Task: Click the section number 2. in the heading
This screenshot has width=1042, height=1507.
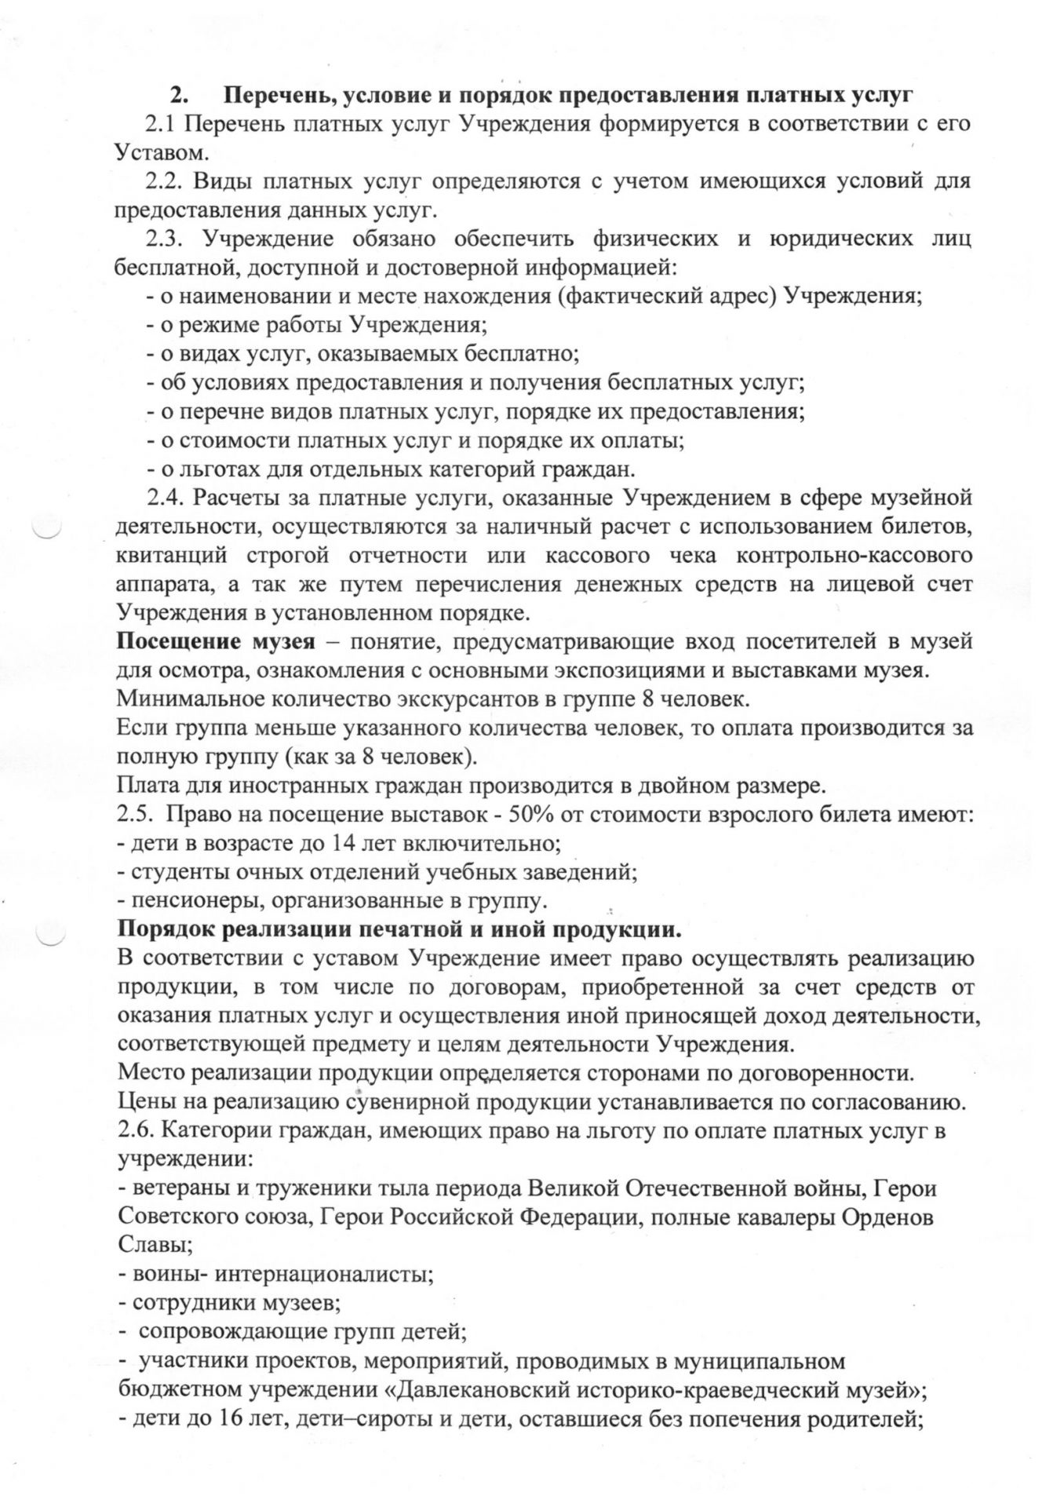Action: tap(180, 96)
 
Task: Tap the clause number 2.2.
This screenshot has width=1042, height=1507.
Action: tap(164, 181)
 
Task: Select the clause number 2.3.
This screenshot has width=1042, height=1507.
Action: tap(164, 239)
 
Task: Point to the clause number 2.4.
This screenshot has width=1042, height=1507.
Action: tap(164, 498)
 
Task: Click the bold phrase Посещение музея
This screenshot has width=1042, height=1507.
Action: tap(216, 641)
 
